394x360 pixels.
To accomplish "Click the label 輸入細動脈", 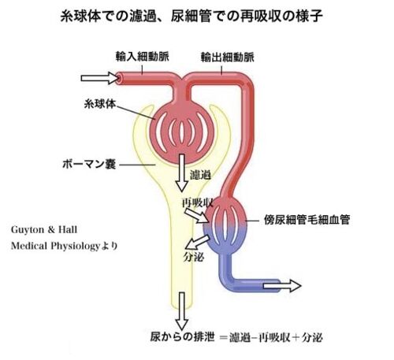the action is (x=143, y=57).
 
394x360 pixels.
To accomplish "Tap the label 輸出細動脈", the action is (x=228, y=58).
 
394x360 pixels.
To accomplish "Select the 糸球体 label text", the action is (x=100, y=104).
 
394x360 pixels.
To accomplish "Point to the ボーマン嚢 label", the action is (x=89, y=164).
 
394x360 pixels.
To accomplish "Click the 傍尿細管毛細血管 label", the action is (x=307, y=220).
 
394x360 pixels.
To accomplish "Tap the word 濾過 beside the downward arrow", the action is (x=200, y=175).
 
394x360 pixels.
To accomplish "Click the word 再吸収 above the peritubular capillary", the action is (x=198, y=202).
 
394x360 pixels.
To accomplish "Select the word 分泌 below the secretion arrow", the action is (x=194, y=257).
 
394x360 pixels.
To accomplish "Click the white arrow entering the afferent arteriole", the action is (x=99, y=78).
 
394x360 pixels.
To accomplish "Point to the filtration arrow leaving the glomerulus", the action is (x=182, y=173).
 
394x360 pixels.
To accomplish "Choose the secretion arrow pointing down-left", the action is (x=197, y=242).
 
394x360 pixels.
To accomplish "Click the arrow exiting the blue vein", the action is (x=282, y=286).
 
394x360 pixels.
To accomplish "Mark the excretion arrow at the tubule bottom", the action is (x=182, y=310).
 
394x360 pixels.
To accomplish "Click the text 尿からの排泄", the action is (x=182, y=336).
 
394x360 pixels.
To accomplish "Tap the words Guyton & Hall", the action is (x=44, y=230).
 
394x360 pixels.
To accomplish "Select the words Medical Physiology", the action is (x=55, y=246).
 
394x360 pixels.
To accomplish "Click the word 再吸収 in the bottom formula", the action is (x=274, y=337).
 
